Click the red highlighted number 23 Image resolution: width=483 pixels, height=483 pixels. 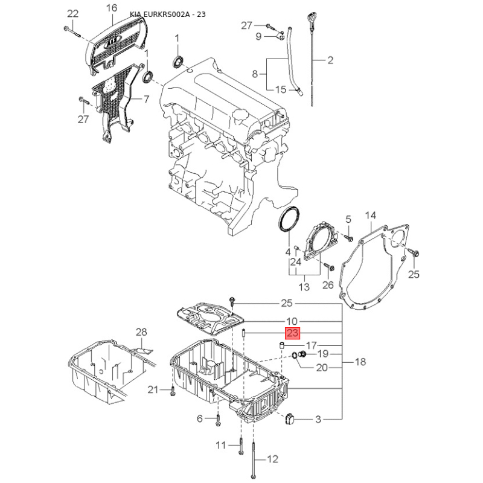pyautogui.click(x=293, y=333)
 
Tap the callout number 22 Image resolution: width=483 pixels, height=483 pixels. pyautogui.click(x=72, y=13)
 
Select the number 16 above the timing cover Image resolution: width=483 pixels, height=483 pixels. pyautogui.click(x=111, y=8)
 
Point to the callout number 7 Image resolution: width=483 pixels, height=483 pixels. pyautogui.click(x=146, y=99)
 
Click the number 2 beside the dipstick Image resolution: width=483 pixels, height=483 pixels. pyautogui.click(x=330, y=60)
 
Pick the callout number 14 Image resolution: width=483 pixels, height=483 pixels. pyautogui.click(x=370, y=216)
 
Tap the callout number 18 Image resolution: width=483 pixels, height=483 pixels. pyautogui.click(x=360, y=362)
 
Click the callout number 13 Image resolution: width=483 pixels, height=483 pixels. pyautogui.click(x=304, y=286)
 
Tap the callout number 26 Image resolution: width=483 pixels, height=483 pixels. pyautogui.click(x=328, y=285)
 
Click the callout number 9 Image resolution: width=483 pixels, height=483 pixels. pyautogui.click(x=258, y=37)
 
